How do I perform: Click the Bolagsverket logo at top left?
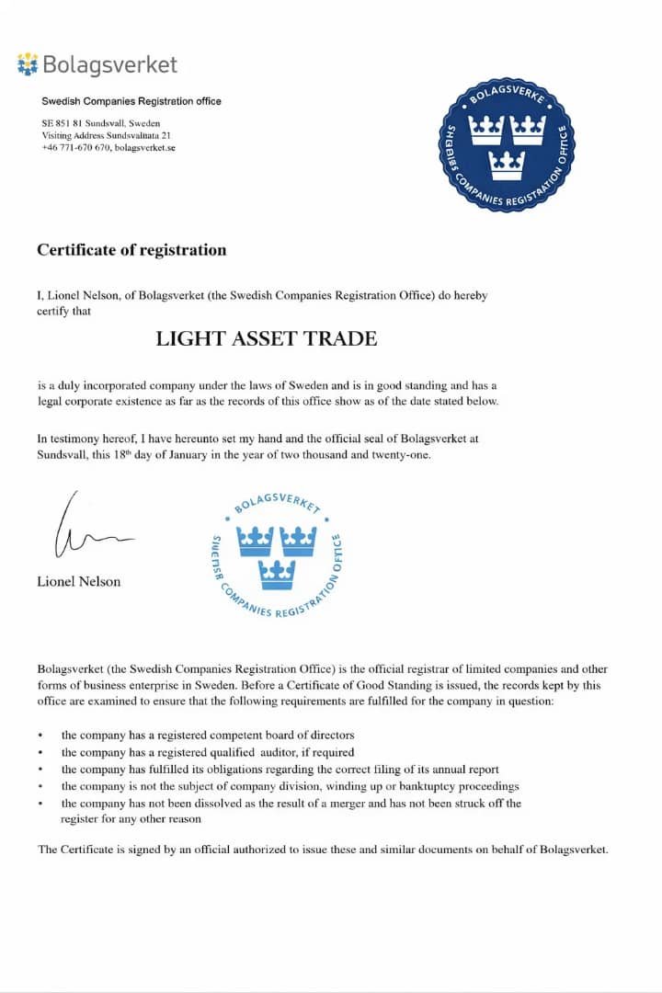coord(97,64)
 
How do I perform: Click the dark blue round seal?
coord(506,143)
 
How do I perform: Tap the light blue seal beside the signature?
coord(276,557)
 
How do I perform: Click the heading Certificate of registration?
coord(131,249)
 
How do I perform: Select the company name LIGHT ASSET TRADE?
coord(267,338)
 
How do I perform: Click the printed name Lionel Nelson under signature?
coord(78,581)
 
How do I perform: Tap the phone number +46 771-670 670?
coord(76,147)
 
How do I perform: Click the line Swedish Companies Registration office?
coord(131,101)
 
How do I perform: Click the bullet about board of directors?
coord(208,735)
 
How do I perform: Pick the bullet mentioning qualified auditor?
coord(208,752)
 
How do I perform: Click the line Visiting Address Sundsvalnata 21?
coord(106,135)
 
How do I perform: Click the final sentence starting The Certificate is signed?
coord(323,849)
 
